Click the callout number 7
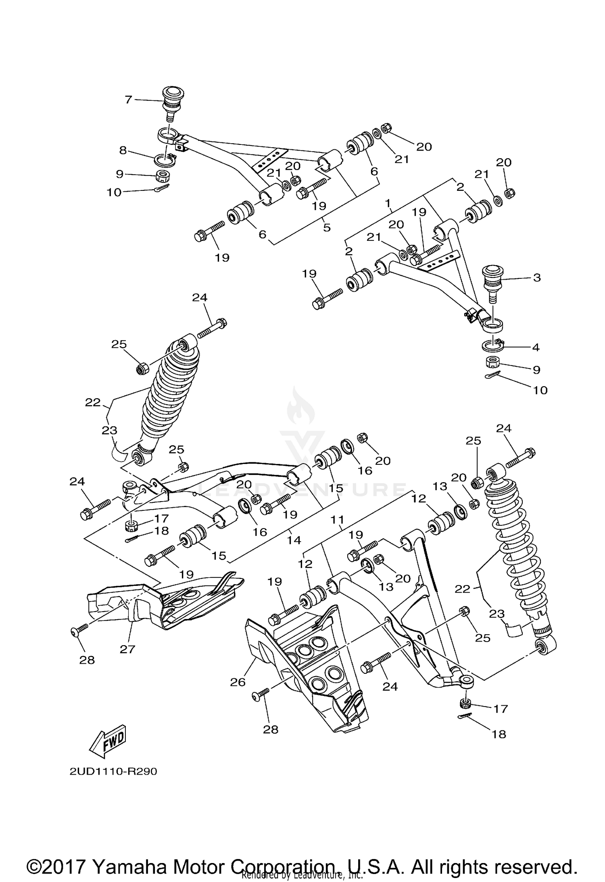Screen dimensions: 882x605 128,99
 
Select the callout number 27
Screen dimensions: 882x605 127,649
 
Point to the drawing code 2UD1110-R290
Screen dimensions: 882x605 113,771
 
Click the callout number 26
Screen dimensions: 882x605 238,682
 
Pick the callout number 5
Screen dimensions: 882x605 327,228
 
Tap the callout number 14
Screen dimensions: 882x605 294,540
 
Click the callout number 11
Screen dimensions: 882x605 337,520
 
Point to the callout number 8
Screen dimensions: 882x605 123,150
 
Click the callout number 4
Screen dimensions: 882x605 535,347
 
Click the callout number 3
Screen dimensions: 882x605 536,278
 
